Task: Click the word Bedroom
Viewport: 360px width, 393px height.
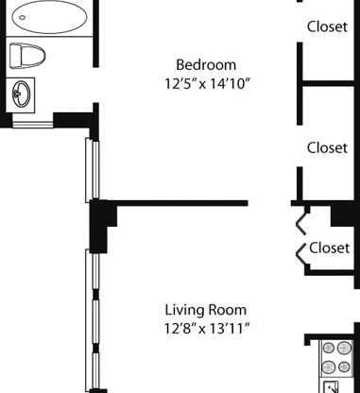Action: click(x=206, y=65)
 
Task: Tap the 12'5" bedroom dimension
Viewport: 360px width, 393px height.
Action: click(x=180, y=84)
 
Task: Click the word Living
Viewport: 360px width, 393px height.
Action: click(x=184, y=311)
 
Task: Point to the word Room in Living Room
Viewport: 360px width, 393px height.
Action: click(x=228, y=310)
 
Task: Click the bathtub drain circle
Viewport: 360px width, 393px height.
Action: click(x=22, y=17)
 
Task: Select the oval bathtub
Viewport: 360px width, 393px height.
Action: click(x=49, y=17)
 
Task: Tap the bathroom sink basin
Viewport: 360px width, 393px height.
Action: click(x=21, y=94)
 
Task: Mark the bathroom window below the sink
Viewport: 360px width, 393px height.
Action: click(x=32, y=125)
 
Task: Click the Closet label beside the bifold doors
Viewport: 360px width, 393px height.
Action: click(x=329, y=248)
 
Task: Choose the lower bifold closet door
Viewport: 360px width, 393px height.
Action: click(x=300, y=255)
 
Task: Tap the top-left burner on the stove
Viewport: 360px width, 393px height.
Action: click(x=328, y=349)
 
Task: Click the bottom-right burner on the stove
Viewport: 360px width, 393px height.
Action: click(x=344, y=367)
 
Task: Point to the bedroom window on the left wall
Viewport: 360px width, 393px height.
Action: click(x=92, y=170)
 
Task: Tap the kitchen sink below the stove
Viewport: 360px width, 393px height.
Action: click(x=330, y=387)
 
